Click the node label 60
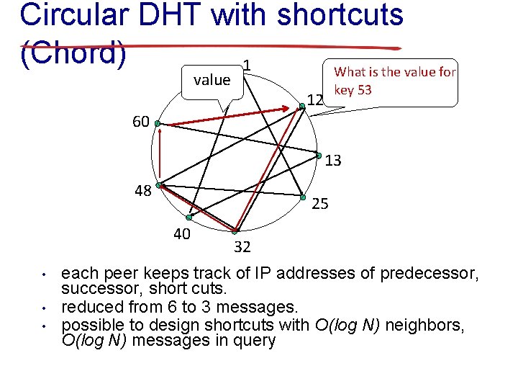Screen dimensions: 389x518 point(140,122)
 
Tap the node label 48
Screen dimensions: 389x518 point(142,191)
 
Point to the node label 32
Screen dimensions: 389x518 point(242,248)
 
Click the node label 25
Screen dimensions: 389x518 point(320,204)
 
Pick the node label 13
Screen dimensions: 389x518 point(332,161)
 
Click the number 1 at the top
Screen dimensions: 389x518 point(247,66)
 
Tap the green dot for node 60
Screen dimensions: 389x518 point(158,124)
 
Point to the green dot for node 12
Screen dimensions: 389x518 point(302,106)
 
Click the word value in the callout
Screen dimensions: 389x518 point(212,80)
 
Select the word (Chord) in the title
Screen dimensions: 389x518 point(73,53)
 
